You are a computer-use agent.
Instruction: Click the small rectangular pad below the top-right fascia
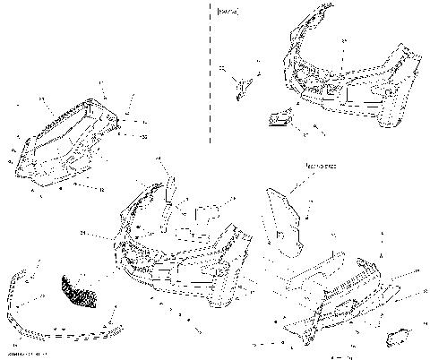pyautogui.click(x=280, y=117)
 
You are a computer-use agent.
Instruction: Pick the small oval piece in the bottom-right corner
pyautogui.click(x=395, y=338)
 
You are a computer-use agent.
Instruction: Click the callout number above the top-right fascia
pyautogui.click(x=341, y=40)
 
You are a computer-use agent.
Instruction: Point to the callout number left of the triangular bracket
pyautogui.click(x=221, y=68)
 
